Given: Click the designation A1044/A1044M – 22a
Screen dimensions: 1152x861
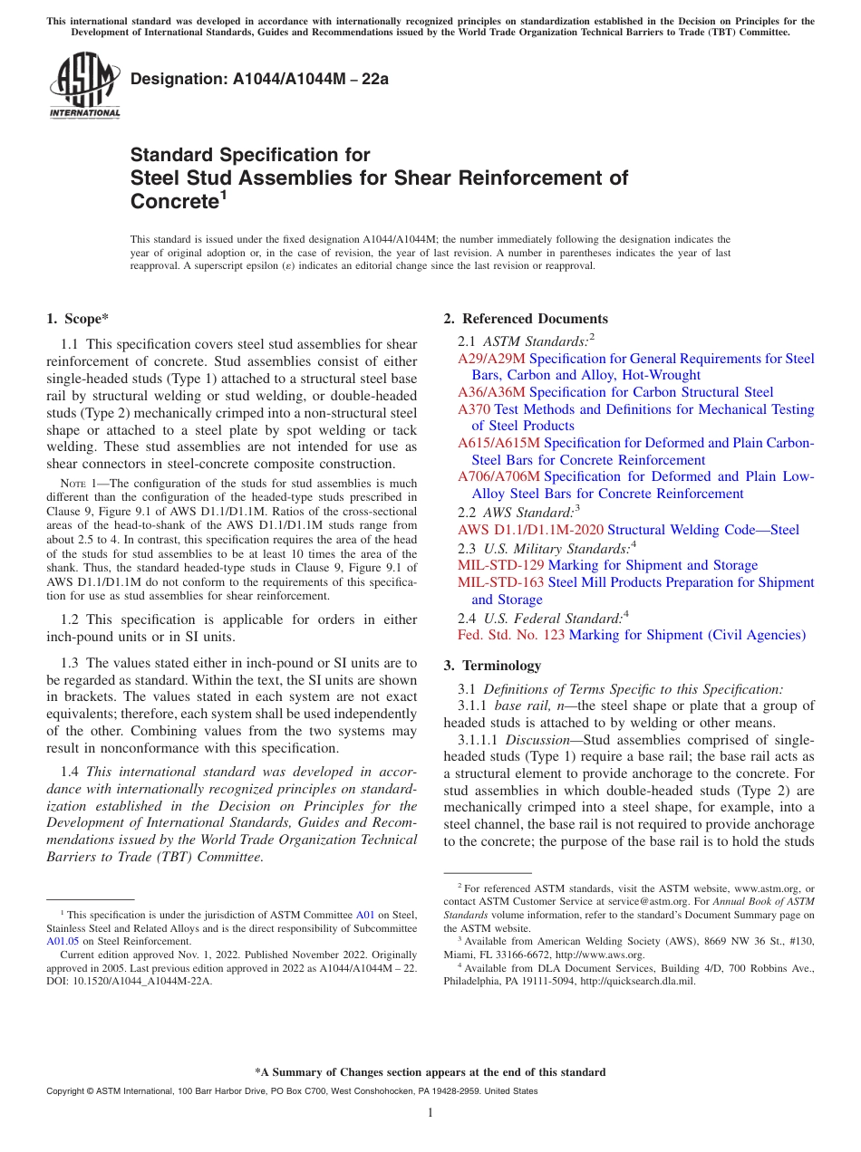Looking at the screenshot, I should coord(259,80).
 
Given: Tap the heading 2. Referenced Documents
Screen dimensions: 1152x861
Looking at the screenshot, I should coord(526,319).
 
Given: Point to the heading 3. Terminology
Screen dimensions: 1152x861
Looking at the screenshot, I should coord(492,666).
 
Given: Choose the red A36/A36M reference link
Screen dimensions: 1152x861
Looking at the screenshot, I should coord(491,392).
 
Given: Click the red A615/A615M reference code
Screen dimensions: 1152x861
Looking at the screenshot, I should coord(498,443).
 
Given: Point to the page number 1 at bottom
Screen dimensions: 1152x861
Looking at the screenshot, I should coord(430,1112).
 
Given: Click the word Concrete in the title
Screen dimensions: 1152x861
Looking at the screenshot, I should coord(175,200).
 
